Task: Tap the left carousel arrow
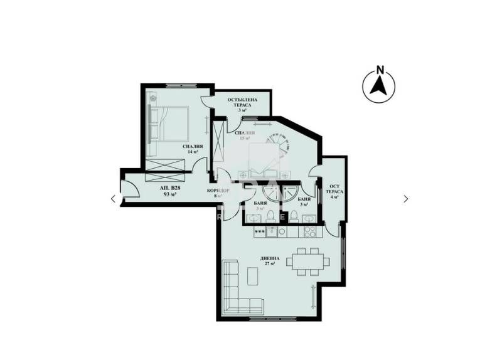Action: click(x=113, y=199)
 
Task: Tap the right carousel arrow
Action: click(x=406, y=199)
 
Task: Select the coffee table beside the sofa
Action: click(x=252, y=276)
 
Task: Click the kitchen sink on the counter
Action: click(x=272, y=231)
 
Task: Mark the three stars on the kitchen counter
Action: click(x=259, y=231)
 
